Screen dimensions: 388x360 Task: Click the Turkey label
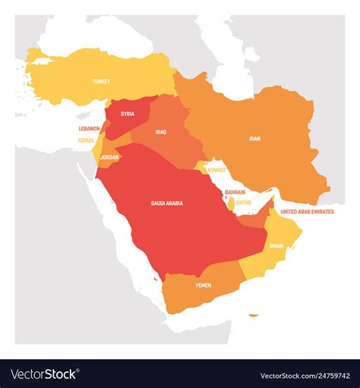101,81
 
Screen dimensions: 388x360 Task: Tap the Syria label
128,114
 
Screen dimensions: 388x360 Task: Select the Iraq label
160,131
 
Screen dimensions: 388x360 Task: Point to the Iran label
254,139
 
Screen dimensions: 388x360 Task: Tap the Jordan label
110,157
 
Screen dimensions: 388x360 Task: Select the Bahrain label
235,193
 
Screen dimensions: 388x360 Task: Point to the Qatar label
243,203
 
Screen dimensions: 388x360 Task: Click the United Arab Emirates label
307,212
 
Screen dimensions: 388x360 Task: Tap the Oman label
276,245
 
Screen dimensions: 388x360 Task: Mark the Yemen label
203,285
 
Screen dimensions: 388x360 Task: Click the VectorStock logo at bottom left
44,374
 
